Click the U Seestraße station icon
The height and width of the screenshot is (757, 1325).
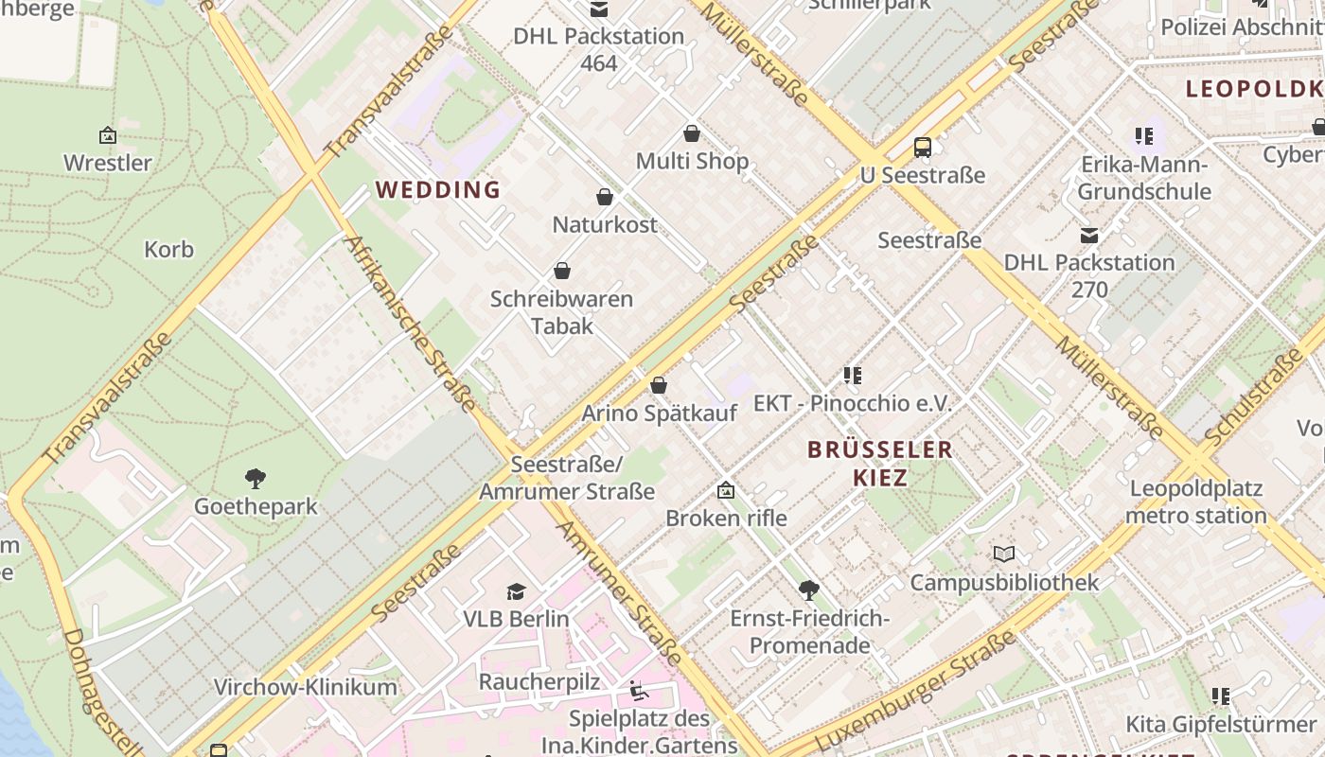pos(923,148)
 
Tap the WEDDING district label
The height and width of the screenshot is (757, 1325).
pos(437,189)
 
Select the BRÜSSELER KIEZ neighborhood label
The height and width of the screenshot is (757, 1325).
pos(880,463)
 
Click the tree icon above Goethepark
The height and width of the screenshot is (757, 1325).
pos(255,478)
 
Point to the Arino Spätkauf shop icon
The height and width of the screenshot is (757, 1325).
pos(659,385)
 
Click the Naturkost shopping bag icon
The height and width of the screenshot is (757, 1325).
pos(605,197)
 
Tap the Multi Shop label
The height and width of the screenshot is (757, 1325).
pos(692,161)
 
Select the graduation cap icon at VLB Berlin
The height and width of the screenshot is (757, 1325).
pos(516,591)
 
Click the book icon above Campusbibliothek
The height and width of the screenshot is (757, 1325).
pos(1004,554)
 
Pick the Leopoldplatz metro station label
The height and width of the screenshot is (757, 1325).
pos(1195,502)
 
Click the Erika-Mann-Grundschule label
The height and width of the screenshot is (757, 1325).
pos(1144,178)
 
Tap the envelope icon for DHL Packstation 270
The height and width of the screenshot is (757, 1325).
pos(1089,235)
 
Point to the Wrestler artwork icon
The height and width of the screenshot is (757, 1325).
pos(108,135)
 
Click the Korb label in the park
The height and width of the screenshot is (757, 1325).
pos(168,250)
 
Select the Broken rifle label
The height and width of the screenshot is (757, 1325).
pos(726,519)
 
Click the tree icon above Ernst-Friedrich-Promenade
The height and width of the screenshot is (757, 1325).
pos(809,590)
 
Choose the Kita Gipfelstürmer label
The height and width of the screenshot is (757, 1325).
pos(1220,725)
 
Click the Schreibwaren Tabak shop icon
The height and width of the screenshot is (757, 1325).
pos(562,271)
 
